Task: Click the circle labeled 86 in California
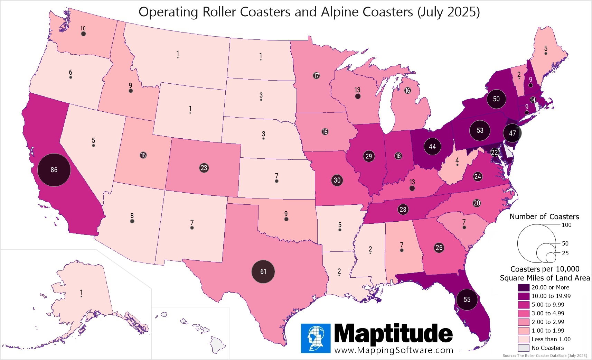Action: tap(54, 170)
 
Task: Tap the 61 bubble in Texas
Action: tap(263, 271)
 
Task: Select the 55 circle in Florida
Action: tap(467, 299)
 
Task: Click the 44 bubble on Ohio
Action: tap(432, 147)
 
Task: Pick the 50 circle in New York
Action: tap(496, 99)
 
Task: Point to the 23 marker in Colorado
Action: tap(204, 168)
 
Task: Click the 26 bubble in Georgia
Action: tap(439, 248)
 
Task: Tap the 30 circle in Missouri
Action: tap(337, 180)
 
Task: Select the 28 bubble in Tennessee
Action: tap(403, 209)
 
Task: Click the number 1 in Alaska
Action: tap(81, 292)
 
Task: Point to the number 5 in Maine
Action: tap(546, 49)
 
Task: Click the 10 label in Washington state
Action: tap(83, 29)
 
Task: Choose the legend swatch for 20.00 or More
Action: tap(524, 287)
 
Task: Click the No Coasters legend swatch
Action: tap(524, 348)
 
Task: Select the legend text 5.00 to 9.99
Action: tap(548, 305)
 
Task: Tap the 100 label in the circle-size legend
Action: tap(566, 225)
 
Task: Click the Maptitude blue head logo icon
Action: tap(316, 338)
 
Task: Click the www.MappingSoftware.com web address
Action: tap(394, 350)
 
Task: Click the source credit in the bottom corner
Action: tap(545, 356)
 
